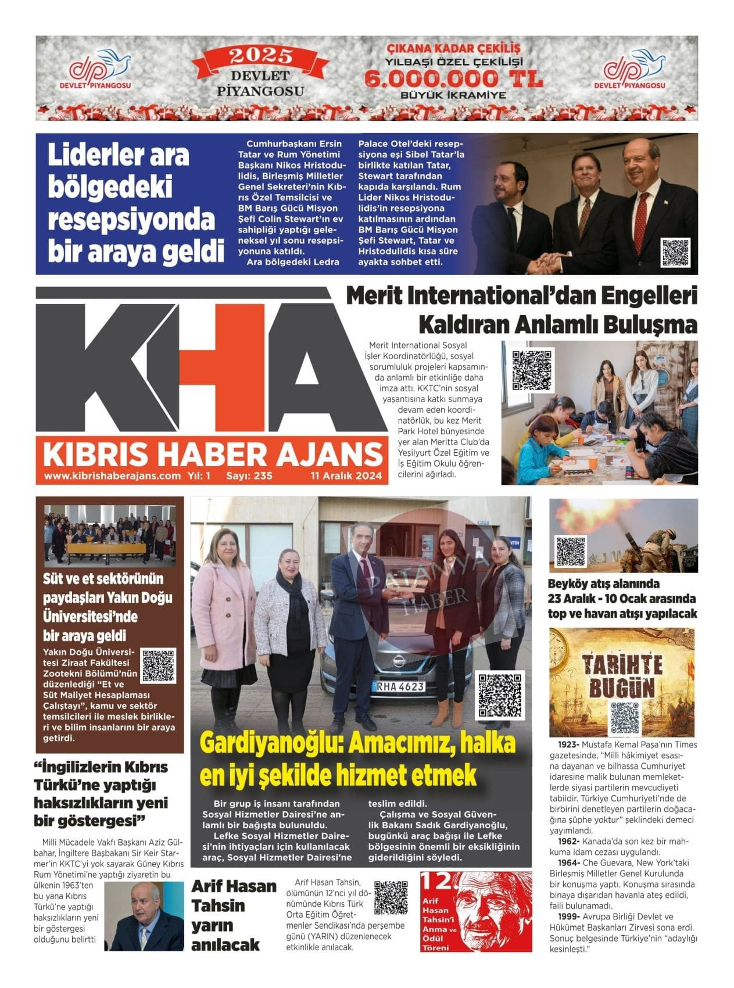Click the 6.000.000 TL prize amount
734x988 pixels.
point(454,78)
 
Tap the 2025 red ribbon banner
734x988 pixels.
point(260,56)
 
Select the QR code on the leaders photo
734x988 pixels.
point(675,252)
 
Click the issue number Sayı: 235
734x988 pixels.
point(249,475)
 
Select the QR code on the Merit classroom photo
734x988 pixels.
point(532,370)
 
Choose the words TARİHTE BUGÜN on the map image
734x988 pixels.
point(622,675)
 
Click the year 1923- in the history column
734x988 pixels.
point(568,744)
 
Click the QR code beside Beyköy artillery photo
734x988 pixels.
point(571,551)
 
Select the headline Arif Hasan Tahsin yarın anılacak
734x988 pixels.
point(234,915)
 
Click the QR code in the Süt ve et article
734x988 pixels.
point(158,665)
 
